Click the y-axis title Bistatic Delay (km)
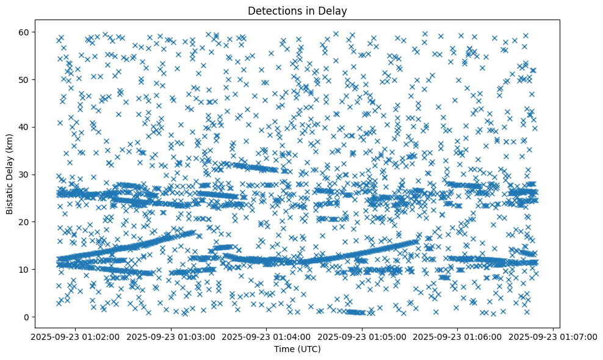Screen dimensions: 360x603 [10, 173]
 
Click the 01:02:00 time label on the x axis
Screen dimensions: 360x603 [76, 336]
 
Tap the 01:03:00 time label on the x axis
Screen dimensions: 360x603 [172, 336]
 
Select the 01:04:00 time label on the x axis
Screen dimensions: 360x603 [267, 336]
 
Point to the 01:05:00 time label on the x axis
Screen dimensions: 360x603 [363, 336]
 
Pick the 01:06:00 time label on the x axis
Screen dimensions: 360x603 [458, 336]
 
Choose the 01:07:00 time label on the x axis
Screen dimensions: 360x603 [554, 336]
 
